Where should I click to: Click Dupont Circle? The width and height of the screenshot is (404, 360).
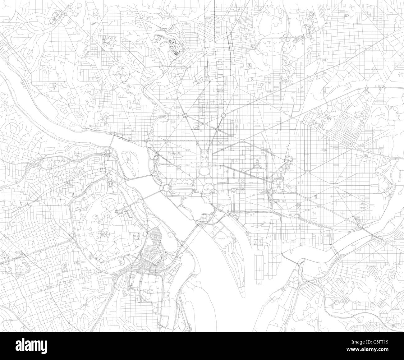click(x=185, y=116)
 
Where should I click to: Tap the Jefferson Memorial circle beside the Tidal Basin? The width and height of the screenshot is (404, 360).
click(x=204, y=215)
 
